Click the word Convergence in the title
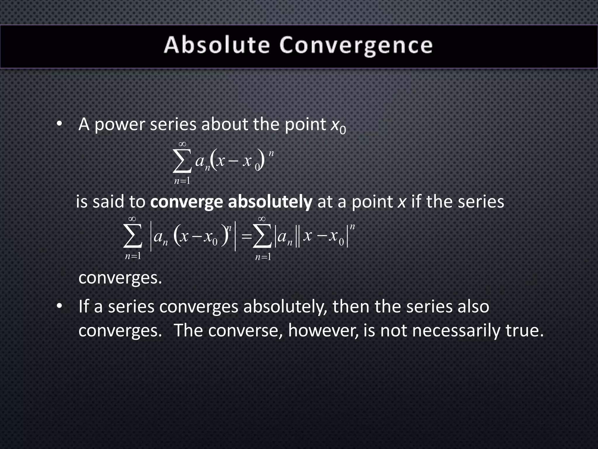tap(356, 46)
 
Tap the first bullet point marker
tap(60, 124)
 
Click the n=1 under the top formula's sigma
tap(182, 181)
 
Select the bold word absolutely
tap(270, 202)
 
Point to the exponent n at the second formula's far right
tap(352, 226)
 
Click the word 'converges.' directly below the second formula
tap(120, 278)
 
